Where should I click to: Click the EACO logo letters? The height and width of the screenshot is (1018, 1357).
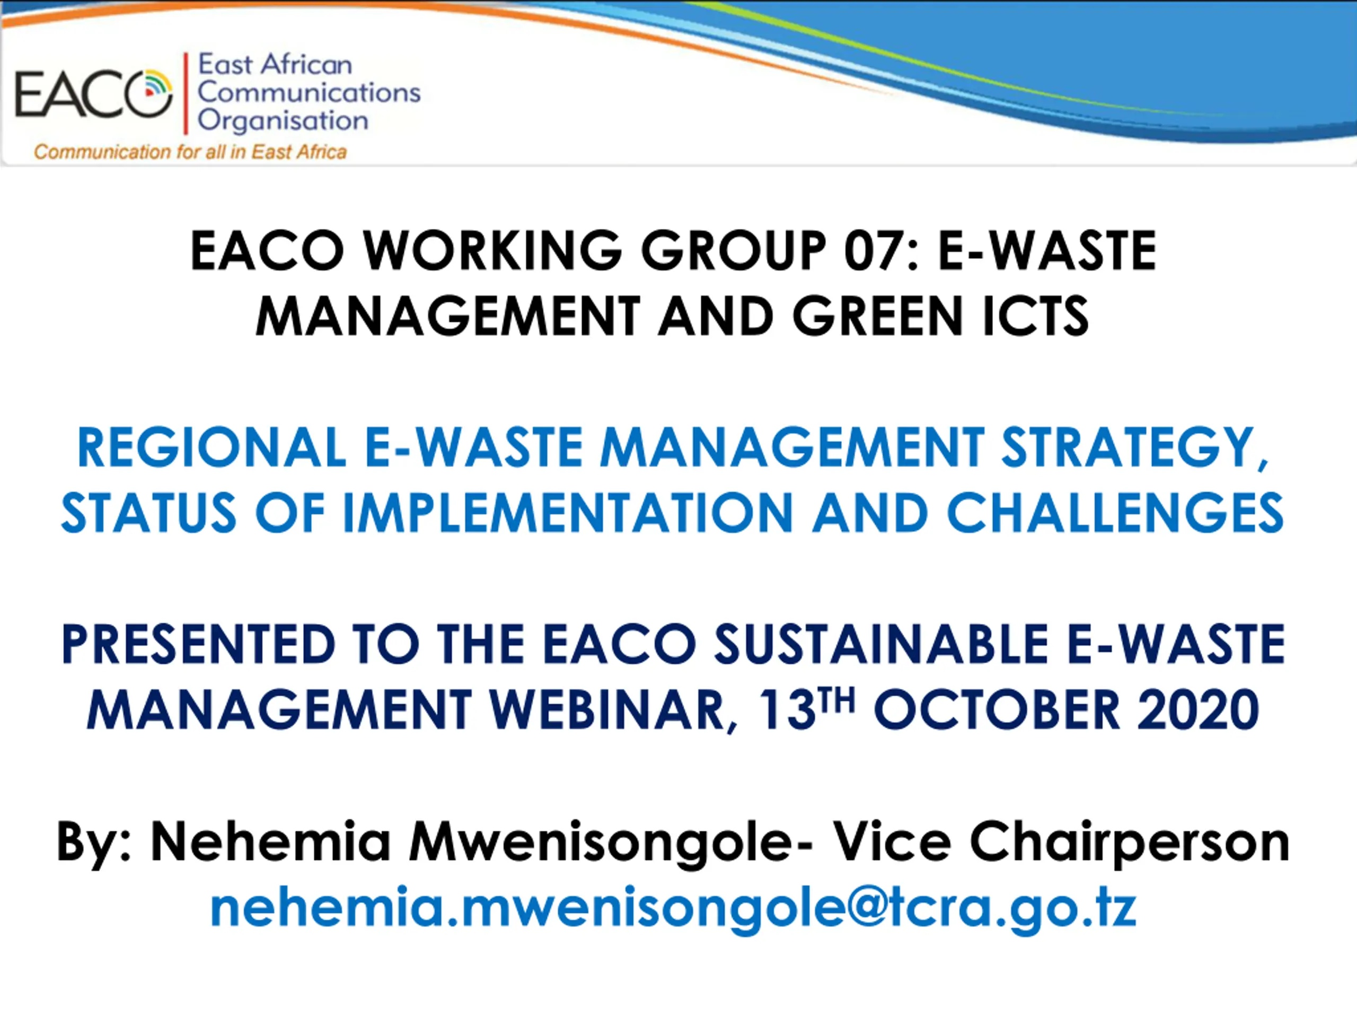[93, 94]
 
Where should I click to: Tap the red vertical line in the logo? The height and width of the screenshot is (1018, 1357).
[186, 93]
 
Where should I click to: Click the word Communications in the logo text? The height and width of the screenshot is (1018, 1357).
[309, 93]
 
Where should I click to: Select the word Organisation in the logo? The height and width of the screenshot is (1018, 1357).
[283, 121]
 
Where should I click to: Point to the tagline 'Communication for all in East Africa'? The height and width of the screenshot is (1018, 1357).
[190, 152]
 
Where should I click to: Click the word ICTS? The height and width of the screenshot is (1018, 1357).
[1036, 317]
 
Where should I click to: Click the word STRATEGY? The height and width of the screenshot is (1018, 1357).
[1134, 449]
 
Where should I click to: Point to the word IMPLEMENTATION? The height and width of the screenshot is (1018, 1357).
[568, 513]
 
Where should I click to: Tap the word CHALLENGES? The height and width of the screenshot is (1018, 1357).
[1115, 513]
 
